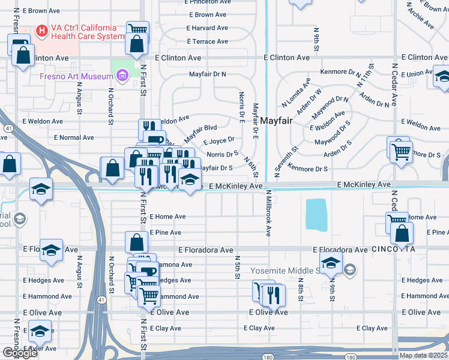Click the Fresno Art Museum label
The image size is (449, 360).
point(76,76)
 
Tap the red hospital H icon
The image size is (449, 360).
point(42,30)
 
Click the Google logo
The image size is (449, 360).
point(20,353)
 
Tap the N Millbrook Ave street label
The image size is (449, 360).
point(268,214)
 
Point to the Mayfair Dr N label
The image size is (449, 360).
point(207,74)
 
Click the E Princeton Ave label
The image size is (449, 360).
point(208,2)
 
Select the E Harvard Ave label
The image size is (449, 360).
point(207,28)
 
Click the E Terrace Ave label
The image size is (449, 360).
point(207,41)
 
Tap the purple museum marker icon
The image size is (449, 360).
point(123,76)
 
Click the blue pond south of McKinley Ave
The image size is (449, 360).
point(316,214)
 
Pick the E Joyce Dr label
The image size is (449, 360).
point(218,142)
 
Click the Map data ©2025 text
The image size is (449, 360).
point(424,355)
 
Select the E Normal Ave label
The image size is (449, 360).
point(74,137)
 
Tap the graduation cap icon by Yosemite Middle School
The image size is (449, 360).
point(331,263)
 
